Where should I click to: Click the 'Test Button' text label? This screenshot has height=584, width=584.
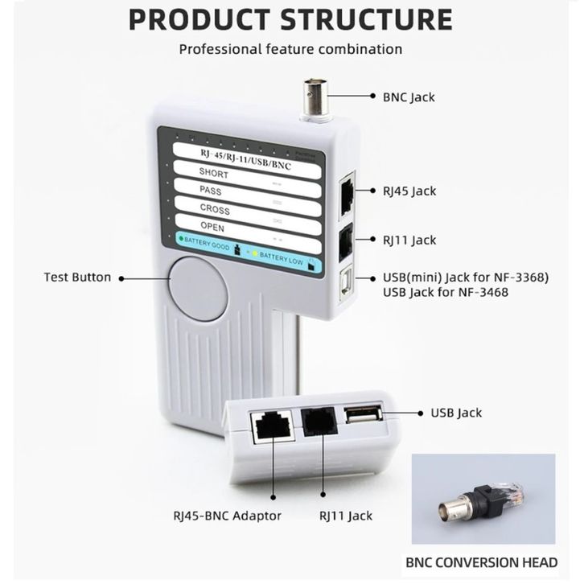click(77, 278)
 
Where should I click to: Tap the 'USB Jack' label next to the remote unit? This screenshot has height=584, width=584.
click(456, 413)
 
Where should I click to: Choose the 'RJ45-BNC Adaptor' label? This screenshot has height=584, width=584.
click(228, 516)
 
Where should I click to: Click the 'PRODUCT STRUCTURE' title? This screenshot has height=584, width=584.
click(290, 19)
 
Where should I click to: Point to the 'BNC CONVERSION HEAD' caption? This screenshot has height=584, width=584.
click(492, 563)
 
